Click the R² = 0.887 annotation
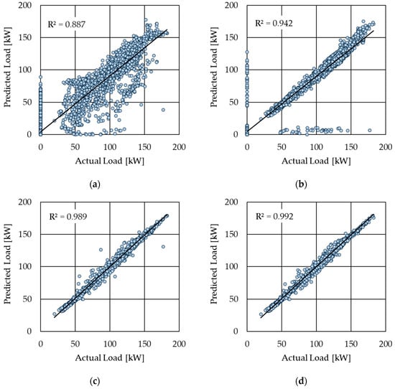[x=67, y=24]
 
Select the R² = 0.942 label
[x=274, y=23]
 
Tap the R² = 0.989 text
[x=68, y=217]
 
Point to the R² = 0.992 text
[x=274, y=217]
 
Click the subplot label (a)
[x=95, y=184]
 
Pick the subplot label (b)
[x=302, y=184]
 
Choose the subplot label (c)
[x=95, y=382]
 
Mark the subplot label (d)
[x=302, y=382]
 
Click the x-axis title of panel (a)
[x=110, y=161]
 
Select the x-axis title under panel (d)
[x=316, y=358]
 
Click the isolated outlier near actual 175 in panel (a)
[x=163, y=110]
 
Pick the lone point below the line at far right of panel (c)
[x=163, y=247]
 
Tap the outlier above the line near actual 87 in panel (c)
[x=101, y=250]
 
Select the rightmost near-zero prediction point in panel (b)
[x=370, y=131]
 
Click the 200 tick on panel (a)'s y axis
[x=25, y=5]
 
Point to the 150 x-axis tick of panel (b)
[x=351, y=147]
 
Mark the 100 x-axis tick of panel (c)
[x=110, y=344]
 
